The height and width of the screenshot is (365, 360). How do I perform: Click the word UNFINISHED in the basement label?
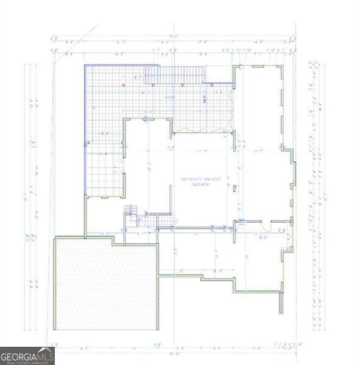[189, 179]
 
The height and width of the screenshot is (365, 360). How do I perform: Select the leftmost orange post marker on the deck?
[124, 85]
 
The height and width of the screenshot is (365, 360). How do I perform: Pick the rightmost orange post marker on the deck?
[211, 85]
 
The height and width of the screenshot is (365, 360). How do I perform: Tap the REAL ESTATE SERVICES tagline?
[27, 362]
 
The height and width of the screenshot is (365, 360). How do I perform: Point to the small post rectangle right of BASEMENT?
[228, 184]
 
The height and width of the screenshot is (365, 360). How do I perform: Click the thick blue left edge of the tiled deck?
[85, 128]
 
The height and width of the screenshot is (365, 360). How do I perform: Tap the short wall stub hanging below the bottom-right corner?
[281, 304]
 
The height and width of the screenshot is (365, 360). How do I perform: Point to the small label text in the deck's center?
[170, 97]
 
